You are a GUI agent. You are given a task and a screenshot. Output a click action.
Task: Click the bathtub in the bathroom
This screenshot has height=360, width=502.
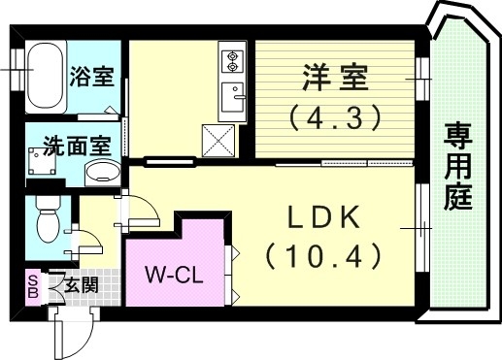click(x=45, y=76)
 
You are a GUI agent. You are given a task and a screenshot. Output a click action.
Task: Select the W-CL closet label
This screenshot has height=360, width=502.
click(x=175, y=274)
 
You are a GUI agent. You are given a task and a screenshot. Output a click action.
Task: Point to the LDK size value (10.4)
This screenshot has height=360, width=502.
click(x=321, y=257)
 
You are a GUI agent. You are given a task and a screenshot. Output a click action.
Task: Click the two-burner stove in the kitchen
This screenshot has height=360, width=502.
click(x=232, y=61)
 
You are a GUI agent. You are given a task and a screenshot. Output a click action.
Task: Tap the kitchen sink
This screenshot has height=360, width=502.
click(x=232, y=97)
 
